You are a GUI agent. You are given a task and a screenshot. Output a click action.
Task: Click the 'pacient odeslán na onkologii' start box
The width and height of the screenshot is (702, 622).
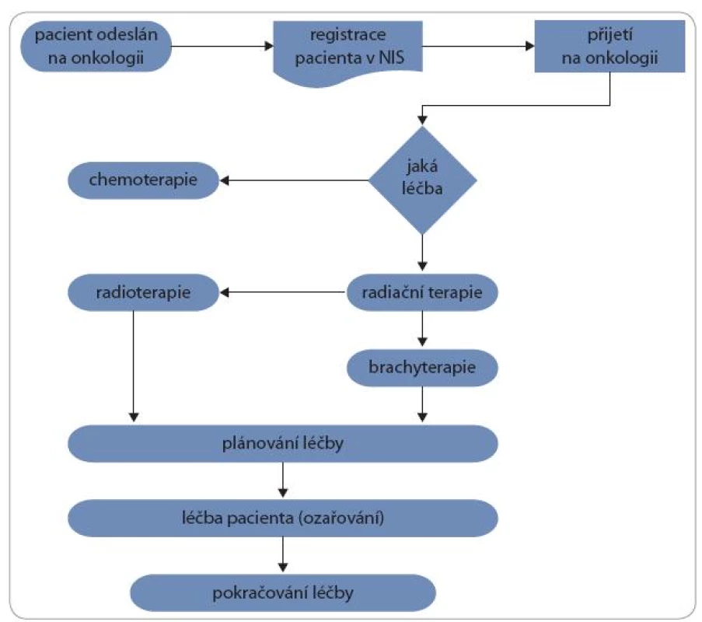coord(96,46)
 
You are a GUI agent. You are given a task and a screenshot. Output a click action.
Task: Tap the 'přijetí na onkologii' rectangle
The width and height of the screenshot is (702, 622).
coord(609,46)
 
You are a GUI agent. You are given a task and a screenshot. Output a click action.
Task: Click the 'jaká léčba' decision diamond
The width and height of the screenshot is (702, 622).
coord(422,180)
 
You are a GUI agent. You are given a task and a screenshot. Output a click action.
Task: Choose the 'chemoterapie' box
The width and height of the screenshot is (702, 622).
coord(143,180)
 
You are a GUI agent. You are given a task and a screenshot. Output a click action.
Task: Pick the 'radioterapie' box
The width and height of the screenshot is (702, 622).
coord(143,292)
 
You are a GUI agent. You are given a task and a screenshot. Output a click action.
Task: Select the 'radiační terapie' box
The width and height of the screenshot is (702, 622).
coord(422,292)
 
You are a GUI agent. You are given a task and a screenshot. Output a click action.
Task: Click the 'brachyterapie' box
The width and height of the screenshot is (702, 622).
coord(422,368)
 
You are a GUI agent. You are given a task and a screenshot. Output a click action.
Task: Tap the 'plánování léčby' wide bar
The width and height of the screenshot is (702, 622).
coord(283,443)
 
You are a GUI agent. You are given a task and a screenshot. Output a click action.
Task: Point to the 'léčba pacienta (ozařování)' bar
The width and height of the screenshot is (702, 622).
coord(283,518)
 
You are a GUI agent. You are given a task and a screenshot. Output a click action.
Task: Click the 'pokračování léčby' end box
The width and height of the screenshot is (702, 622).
coord(283,593)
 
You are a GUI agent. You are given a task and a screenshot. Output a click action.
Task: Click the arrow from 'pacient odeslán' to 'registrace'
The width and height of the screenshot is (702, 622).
coord(222,46)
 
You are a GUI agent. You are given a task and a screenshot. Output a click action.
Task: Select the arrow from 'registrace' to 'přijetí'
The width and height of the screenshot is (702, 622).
coord(479,46)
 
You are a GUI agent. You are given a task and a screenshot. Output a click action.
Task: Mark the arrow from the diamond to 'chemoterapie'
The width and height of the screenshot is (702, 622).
coord(294,180)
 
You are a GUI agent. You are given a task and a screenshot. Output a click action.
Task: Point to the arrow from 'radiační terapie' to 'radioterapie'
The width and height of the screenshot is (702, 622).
coord(282,292)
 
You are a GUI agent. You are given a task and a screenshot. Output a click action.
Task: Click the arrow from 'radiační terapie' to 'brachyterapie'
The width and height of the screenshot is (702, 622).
coord(422,329)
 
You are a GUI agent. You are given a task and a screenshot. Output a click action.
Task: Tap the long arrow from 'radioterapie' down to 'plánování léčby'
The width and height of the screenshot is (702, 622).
coord(134,366)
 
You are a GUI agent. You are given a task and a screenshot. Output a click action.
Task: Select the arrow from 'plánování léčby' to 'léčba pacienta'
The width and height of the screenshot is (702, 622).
coord(283,480)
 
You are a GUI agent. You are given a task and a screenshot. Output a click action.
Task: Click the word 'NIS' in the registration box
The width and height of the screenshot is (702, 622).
coord(391,58)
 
